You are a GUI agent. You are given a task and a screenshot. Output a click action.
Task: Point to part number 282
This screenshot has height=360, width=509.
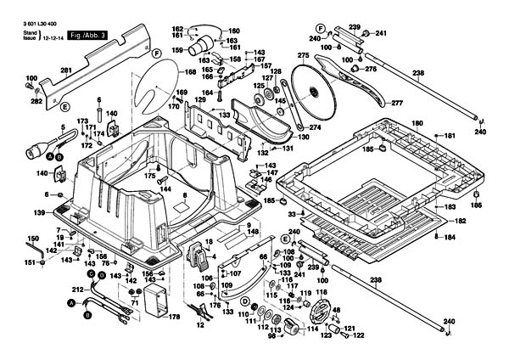(36, 101)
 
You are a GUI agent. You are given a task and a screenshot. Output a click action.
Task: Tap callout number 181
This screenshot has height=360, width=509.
(450, 135)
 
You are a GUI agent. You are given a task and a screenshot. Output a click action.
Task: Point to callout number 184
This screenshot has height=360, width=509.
(450, 237)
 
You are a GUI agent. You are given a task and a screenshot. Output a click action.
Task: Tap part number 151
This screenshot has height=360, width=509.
(30, 263)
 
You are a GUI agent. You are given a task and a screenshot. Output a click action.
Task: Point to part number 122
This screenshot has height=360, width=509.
(359, 335)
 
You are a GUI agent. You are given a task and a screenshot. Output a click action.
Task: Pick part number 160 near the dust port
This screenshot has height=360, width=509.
(234, 31)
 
